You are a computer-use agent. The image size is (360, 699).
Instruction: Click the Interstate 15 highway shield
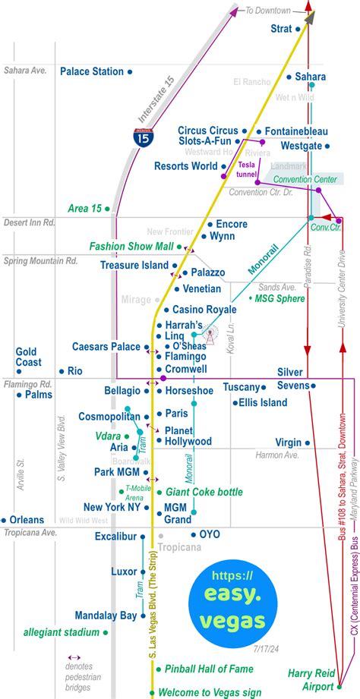[141, 137]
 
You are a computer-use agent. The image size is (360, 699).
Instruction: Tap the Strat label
[280, 29]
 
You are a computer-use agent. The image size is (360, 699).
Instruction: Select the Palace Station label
[92, 71]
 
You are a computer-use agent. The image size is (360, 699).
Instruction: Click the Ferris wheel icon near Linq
[206, 332]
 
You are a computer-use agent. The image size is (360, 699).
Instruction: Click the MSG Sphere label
[280, 299]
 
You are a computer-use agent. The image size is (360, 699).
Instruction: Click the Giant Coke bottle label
[204, 491]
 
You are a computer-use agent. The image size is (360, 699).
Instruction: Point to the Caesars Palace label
[106, 347]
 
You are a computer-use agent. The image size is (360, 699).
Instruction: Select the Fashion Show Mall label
[131, 246]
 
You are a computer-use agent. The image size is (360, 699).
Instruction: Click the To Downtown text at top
[268, 11]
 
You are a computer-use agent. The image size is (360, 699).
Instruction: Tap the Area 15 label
[84, 208]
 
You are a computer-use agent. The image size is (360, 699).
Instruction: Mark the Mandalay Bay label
[106, 616]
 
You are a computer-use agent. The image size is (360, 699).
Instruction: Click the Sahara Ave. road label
[26, 70]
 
